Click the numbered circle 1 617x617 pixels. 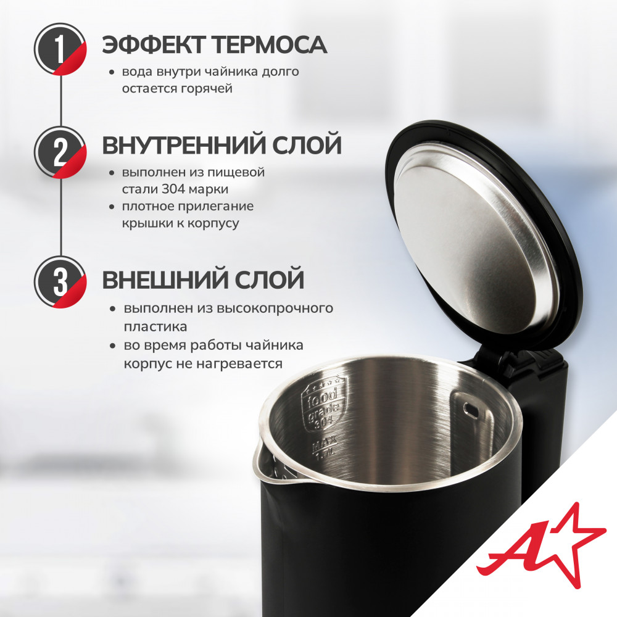(60, 49)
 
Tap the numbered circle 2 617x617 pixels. (60, 152)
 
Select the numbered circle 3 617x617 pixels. (60, 282)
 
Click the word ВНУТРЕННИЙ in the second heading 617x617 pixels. (182, 145)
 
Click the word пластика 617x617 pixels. (155, 327)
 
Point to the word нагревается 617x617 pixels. (239, 363)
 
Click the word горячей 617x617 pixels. (207, 89)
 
